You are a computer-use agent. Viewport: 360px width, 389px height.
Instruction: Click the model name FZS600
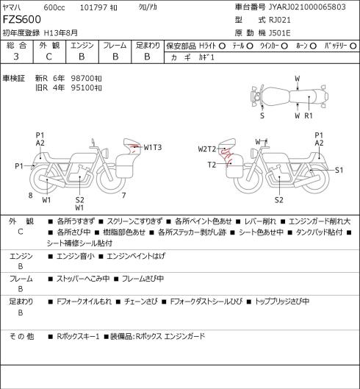coord(22,19)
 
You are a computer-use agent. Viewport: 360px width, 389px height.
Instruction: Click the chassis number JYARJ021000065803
coord(307,7)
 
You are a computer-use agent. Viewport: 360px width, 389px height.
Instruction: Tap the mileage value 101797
coord(93,7)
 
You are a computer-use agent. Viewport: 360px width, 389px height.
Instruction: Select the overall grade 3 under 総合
coord(16,57)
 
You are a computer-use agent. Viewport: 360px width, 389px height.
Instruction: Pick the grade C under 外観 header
coord(48,57)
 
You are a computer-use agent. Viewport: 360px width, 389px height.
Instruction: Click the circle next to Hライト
coord(222,46)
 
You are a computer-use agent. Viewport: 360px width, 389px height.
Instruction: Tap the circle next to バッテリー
coord(353,46)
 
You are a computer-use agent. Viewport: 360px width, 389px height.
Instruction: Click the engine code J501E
coord(280,33)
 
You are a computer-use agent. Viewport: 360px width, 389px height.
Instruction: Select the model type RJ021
coord(280,20)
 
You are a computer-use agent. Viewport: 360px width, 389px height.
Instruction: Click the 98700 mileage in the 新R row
coord(83,79)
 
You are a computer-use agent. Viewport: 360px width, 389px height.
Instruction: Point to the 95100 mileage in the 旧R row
coord(83,88)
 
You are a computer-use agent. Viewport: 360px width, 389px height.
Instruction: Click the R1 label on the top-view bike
coord(309,115)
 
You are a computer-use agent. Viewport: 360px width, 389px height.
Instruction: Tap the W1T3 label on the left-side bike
coord(153,147)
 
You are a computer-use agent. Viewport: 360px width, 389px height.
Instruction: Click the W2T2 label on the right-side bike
coord(207,149)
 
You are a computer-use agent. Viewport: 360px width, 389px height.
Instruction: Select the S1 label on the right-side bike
coord(339,170)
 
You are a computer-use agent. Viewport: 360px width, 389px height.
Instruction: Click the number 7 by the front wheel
coord(123,196)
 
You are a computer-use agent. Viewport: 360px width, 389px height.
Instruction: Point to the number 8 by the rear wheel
coord(30,196)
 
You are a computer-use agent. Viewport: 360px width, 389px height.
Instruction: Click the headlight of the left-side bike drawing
coord(107,152)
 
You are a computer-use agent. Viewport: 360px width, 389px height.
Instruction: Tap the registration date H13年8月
coord(61,33)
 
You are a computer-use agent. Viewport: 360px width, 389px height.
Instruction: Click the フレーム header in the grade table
coord(115,46)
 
